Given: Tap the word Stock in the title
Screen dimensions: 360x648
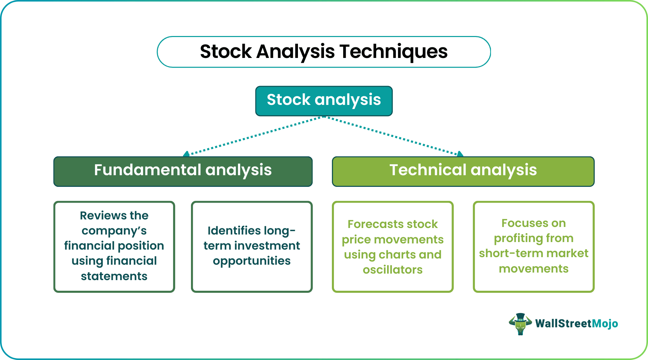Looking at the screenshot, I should [x=226, y=52].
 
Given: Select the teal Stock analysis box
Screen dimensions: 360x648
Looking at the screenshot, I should [x=324, y=100].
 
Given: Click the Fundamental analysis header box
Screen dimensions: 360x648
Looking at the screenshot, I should [x=183, y=171].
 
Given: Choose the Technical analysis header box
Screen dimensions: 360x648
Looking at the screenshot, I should [x=463, y=171].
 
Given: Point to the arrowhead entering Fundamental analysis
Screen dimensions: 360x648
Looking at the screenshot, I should [x=187, y=154].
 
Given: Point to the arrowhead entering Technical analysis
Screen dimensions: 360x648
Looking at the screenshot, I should [x=460, y=154].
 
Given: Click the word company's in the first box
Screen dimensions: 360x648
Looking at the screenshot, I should [x=114, y=231].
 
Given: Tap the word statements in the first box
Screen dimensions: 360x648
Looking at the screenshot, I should [x=114, y=276].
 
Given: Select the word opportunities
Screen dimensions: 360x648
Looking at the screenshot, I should [x=252, y=261].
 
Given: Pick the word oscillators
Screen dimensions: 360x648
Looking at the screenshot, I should [x=393, y=270].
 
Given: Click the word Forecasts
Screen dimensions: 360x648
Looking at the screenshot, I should [x=370, y=224].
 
